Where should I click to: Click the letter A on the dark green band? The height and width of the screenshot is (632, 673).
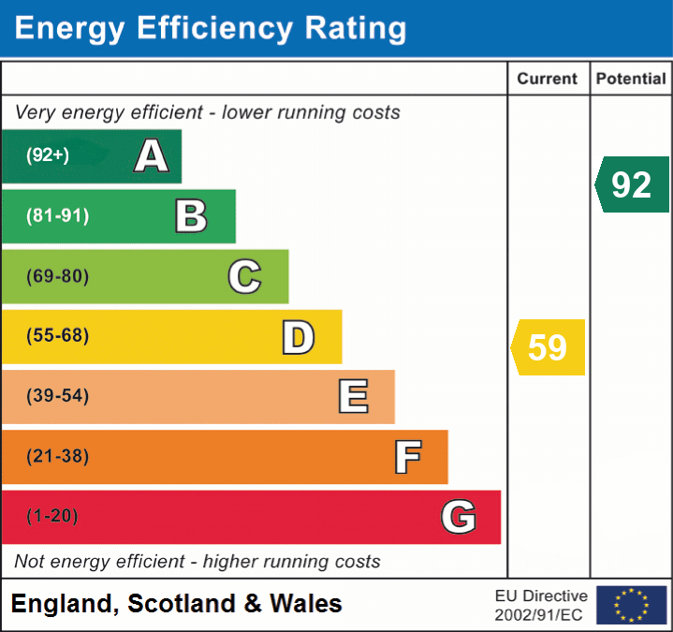click(x=151, y=156)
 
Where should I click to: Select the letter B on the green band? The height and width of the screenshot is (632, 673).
click(x=191, y=216)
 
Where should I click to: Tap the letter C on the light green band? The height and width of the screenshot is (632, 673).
click(x=244, y=277)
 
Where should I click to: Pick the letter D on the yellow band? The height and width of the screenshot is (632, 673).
click(x=298, y=337)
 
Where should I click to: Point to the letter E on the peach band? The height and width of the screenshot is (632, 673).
click(x=352, y=397)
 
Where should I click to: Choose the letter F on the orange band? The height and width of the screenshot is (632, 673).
click(x=406, y=457)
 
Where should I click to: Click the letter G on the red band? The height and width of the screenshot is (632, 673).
click(x=459, y=517)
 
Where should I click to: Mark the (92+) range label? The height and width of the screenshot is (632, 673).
click(x=48, y=156)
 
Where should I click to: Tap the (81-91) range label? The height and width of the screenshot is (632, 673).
click(x=57, y=216)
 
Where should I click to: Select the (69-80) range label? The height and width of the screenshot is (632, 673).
click(x=57, y=277)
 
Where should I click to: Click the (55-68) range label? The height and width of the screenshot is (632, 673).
click(x=57, y=336)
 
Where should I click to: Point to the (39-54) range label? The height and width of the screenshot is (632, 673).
click(x=57, y=397)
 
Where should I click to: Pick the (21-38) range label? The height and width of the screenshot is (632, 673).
click(x=57, y=457)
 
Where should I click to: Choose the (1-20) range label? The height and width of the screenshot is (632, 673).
click(x=52, y=517)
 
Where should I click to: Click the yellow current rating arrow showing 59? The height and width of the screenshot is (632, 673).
click(x=549, y=347)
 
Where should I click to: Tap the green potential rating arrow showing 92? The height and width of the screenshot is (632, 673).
click(x=633, y=184)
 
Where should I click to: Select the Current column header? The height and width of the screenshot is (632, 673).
click(x=548, y=80)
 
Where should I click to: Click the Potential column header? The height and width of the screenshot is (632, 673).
click(x=631, y=80)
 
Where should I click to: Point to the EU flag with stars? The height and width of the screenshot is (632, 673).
click(x=631, y=605)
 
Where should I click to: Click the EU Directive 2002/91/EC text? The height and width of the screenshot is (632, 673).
click(x=541, y=605)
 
